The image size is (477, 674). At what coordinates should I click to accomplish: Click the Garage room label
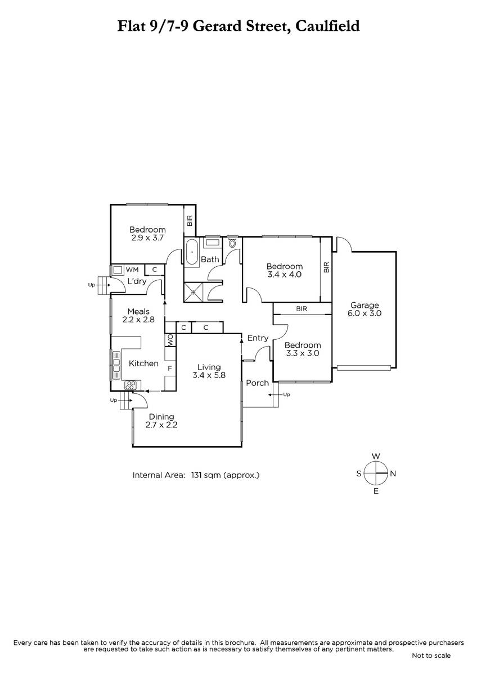[364, 305]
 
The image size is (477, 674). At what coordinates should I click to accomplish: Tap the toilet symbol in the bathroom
[232, 242]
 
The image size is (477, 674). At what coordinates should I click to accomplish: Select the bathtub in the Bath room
[192, 252]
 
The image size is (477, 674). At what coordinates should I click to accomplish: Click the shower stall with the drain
[193, 292]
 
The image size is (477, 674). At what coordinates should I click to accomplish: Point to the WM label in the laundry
[132, 269]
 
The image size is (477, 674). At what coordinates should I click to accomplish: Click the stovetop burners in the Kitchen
[130, 385]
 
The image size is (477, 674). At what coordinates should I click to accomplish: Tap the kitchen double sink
[116, 365]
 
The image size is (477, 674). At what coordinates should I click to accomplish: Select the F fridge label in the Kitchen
[170, 368]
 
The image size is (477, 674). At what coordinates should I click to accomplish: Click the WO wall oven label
[170, 340]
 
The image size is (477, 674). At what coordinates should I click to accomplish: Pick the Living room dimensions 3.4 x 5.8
[209, 375]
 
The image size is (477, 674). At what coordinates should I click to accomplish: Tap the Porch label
[257, 382]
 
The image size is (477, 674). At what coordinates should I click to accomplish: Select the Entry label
[258, 338]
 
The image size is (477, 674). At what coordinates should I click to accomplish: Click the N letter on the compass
[393, 474]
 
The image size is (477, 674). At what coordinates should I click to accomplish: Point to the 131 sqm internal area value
[204, 475]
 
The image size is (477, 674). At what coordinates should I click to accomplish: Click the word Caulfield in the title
[327, 26]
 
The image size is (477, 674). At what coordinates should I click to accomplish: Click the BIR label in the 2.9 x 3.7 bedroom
[190, 221]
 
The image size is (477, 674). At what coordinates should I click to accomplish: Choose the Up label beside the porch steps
[286, 394]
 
